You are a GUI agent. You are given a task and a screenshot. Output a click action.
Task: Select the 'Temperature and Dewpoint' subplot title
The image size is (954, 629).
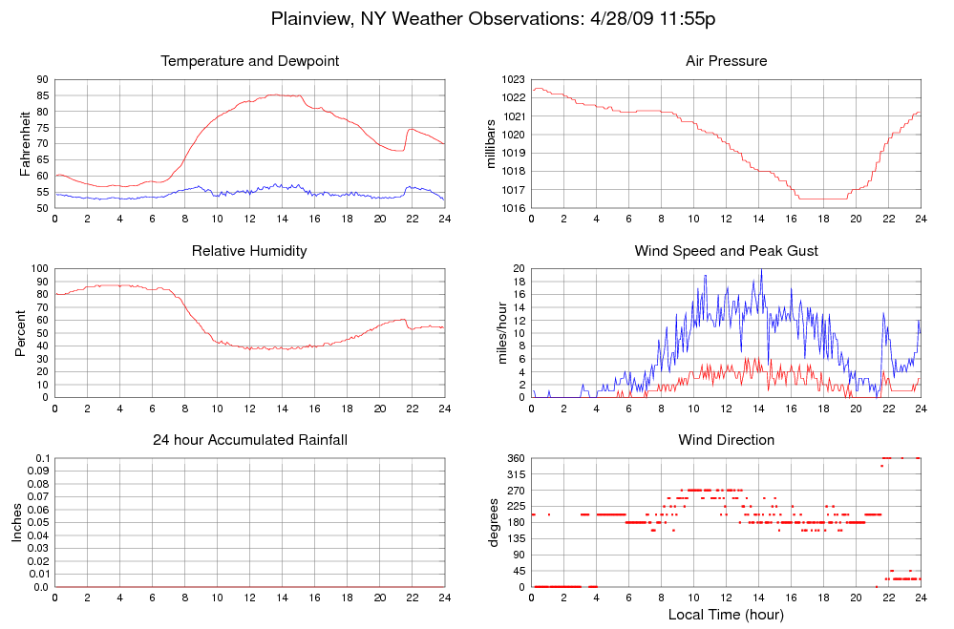250,62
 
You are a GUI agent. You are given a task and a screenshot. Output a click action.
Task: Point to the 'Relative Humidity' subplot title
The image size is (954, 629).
250,251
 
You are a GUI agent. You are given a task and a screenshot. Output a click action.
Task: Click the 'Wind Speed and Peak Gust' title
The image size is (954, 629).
727,251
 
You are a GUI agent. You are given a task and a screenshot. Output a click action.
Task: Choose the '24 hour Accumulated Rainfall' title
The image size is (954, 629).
250,440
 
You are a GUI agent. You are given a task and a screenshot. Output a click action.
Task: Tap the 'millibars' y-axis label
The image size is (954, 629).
493,143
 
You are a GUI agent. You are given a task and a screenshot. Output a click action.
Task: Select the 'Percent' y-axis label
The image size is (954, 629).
21,332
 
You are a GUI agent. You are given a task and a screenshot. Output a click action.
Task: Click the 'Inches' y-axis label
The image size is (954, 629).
16,522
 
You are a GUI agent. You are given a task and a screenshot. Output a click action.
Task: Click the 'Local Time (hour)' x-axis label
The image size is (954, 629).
727,615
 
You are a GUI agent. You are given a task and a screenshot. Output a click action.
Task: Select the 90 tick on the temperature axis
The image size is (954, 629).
43,79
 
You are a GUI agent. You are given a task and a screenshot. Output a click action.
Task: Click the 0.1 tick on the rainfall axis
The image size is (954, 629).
42,458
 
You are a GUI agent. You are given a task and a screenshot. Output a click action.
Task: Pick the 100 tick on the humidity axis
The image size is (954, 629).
39,268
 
